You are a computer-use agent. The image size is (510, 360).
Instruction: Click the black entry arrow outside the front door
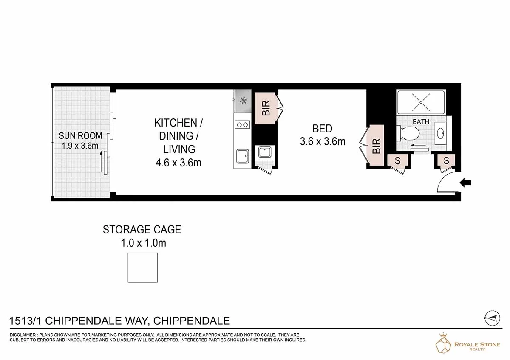(466, 183)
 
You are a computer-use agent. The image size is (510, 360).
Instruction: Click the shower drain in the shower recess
(420, 102)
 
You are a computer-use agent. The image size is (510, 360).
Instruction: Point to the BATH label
(421, 121)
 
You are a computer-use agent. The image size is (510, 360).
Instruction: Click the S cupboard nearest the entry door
(446, 160)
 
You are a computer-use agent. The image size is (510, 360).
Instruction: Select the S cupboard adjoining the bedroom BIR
(398, 160)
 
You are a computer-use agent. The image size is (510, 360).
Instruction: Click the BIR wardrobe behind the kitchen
(266, 109)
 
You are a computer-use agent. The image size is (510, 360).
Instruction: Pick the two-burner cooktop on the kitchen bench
(242, 125)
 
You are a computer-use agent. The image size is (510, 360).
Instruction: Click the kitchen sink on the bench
(243, 156)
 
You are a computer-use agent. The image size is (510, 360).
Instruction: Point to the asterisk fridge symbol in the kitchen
(243, 101)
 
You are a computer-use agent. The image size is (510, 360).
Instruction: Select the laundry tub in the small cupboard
(264, 152)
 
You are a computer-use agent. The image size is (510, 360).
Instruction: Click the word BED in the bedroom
(322, 128)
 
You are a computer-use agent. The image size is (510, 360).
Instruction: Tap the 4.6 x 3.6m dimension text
(178, 162)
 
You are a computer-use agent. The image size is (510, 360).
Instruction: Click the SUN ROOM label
(80, 136)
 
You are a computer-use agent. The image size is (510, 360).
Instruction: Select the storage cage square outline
(143, 267)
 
